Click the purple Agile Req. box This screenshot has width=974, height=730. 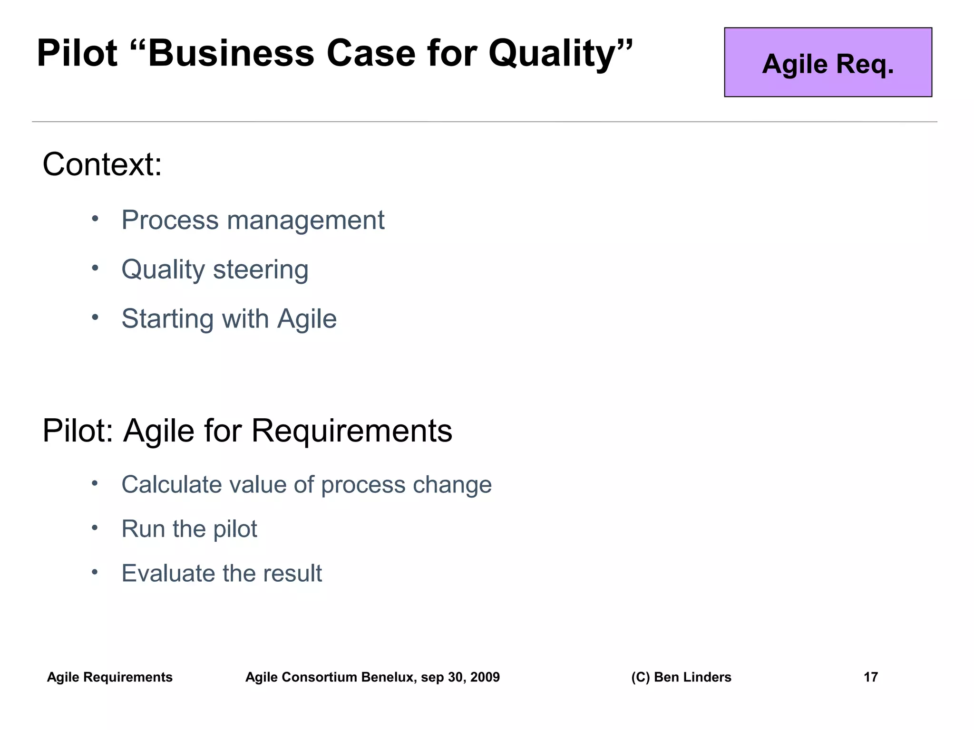coord(828,62)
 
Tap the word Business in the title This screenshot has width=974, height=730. coord(232,53)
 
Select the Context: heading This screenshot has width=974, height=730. coord(102,164)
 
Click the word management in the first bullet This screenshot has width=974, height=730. coord(306,220)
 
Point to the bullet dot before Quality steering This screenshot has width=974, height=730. coord(95,268)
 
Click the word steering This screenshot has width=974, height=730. coord(261,269)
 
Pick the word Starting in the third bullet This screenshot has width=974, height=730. coord(167,319)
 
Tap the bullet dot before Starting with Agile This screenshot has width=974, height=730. coord(95,317)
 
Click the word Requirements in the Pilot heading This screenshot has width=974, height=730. coord(351,431)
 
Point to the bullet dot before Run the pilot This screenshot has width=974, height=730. coord(95,528)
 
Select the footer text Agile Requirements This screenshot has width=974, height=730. coord(109,677)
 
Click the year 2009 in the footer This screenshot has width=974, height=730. coord(485,677)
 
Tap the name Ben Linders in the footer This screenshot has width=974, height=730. coord(692,677)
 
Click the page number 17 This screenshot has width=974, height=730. coord(870,677)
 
